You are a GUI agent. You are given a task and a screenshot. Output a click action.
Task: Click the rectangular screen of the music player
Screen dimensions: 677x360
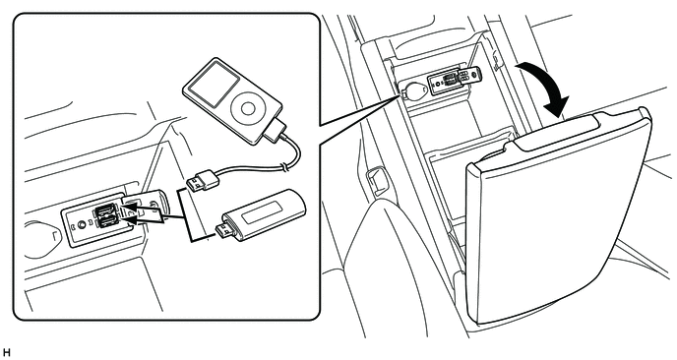click(x=215, y=86)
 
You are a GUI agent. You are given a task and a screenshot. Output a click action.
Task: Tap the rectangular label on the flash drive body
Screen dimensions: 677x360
click(x=262, y=212)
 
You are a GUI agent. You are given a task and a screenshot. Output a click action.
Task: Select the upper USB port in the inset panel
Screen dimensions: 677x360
click(x=104, y=210)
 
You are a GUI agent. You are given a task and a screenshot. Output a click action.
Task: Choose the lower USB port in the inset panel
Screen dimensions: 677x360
click(x=106, y=221)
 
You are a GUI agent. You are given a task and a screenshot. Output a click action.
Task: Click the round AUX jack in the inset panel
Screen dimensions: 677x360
click(x=81, y=224)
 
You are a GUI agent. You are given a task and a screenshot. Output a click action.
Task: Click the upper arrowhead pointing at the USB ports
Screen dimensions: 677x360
click(x=130, y=210)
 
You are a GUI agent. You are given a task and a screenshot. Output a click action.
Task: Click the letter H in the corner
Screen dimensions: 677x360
click(x=6, y=353)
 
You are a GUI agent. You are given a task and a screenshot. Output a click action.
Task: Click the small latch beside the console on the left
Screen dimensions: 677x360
click(x=376, y=181)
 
